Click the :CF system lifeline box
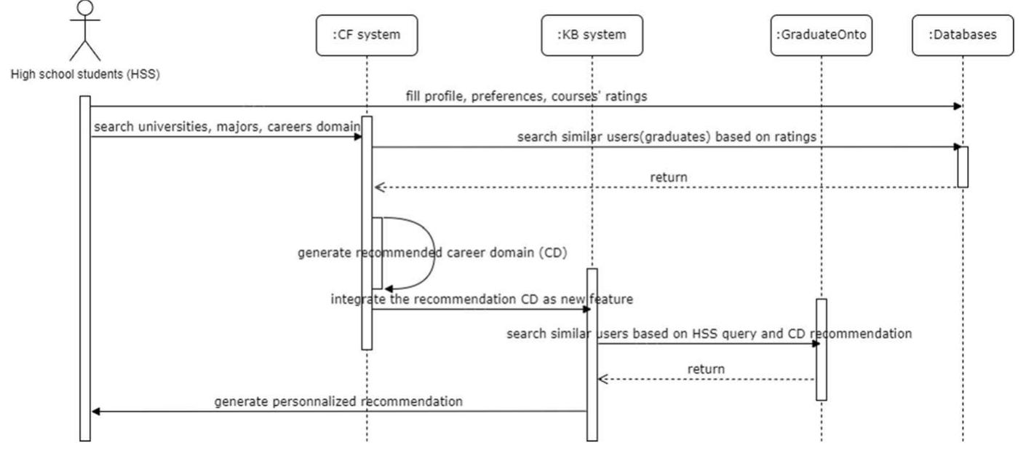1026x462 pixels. coord(367,34)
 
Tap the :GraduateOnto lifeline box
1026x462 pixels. coord(820,34)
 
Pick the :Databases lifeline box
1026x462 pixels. coord(962,34)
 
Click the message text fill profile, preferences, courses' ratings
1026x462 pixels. coord(527,96)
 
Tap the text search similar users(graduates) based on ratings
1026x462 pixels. coord(666,137)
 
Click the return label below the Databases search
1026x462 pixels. coord(669,176)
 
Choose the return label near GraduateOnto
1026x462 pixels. coord(706,369)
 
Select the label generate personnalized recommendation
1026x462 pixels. coord(338,401)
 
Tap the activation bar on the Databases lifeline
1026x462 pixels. coord(962,166)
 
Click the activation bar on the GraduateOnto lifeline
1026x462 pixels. coord(821,349)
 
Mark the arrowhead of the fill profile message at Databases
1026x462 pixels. coord(958,106)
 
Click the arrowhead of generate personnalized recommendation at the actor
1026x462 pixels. coord(96,412)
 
